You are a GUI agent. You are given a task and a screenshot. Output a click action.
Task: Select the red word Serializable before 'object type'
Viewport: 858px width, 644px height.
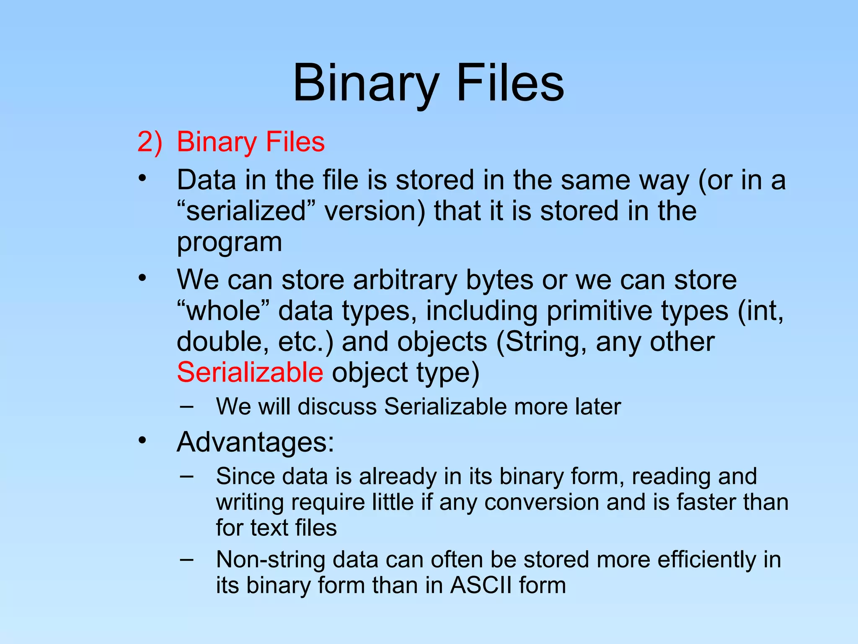pyautogui.click(x=250, y=372)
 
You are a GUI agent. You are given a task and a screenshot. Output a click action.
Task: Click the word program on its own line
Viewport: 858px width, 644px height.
pyautogui.click(x=229, y=242)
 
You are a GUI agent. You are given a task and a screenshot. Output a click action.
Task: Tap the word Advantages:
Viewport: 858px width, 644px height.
pyautogui.click(x=256, y=442)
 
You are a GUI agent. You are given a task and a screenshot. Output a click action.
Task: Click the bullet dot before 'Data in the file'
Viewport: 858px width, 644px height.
pyautogui.click(x=142, y=179)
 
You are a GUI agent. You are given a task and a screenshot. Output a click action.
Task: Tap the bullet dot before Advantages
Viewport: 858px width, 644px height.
pyautogui.click(x=142, y=441)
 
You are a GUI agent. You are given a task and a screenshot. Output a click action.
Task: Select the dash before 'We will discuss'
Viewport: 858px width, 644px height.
pyautogui.click(x=186, y=406)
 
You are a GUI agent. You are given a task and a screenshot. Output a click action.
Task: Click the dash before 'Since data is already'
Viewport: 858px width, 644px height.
pyautogui.click(x=186, y=476)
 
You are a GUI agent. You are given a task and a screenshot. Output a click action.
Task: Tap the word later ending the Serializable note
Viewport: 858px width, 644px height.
pyautogui.click(x=598, y=406)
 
